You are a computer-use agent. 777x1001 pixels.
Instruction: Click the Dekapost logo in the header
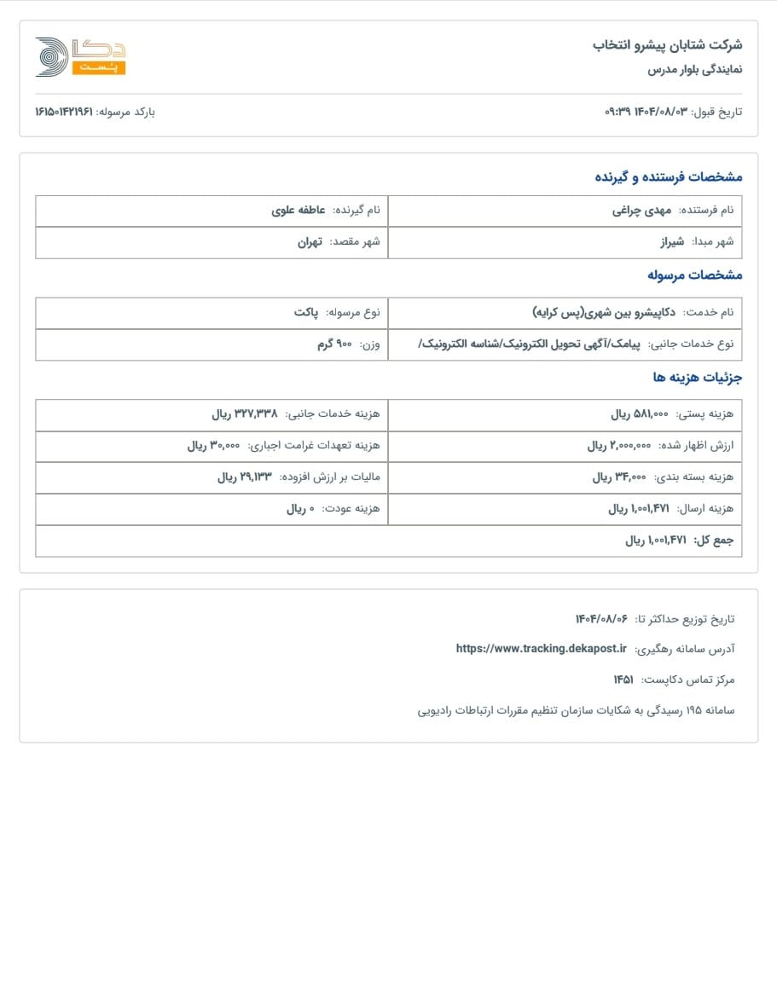pos(79,56)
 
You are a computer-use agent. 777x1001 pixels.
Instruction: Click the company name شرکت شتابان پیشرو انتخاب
pos(667,44)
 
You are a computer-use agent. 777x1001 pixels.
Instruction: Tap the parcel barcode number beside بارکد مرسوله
pos(63,112)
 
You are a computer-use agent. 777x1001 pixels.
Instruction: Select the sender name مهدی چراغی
pos(641,210)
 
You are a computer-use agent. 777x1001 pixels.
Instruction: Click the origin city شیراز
pos(672,241)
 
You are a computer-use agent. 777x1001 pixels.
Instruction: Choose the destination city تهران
pos(310,241)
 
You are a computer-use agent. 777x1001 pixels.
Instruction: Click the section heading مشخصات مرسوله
pos(694,275)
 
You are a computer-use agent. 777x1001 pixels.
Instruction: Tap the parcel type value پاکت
pos(306,312)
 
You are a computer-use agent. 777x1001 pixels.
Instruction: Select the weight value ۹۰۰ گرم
pos(332,344)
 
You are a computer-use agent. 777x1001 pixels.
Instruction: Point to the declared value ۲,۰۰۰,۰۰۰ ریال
pos(619,445)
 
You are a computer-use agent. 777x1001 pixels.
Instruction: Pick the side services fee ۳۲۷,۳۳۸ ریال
pos(244,414)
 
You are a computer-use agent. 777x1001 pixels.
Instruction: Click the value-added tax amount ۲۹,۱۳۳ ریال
pos(244,477)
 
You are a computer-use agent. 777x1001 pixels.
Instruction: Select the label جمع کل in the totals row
pos(713,540)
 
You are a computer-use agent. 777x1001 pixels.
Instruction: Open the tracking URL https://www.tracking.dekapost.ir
pos(541,648)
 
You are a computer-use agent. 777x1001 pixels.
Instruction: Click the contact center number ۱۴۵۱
pos(623,679)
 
